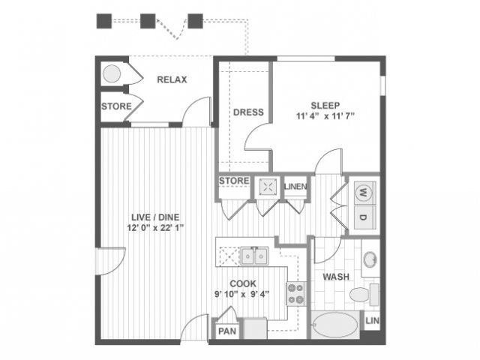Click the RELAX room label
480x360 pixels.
point(172,79)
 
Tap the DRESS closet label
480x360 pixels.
point(248,112)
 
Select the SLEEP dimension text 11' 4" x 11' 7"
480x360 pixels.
point(325,116)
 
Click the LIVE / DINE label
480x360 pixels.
point(155,217)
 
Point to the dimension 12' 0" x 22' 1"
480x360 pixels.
point(155,228)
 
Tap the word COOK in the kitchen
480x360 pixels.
point(243,283)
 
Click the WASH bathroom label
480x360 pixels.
point(336,277)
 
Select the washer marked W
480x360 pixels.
point(364,193)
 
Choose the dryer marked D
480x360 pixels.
point(364,217)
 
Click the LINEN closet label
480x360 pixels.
point(295,187)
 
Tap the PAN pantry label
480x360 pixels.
point(227,331)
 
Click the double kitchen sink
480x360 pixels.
point(254,256)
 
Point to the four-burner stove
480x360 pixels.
point(296,294)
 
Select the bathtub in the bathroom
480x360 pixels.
point(335,325)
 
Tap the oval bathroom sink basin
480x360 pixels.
point(370,259)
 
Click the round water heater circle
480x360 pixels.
point(112,73)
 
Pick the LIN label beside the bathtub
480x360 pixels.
point(372,321)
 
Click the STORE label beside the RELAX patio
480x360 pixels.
point(116,106)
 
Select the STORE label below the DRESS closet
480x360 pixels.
point(234,181)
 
